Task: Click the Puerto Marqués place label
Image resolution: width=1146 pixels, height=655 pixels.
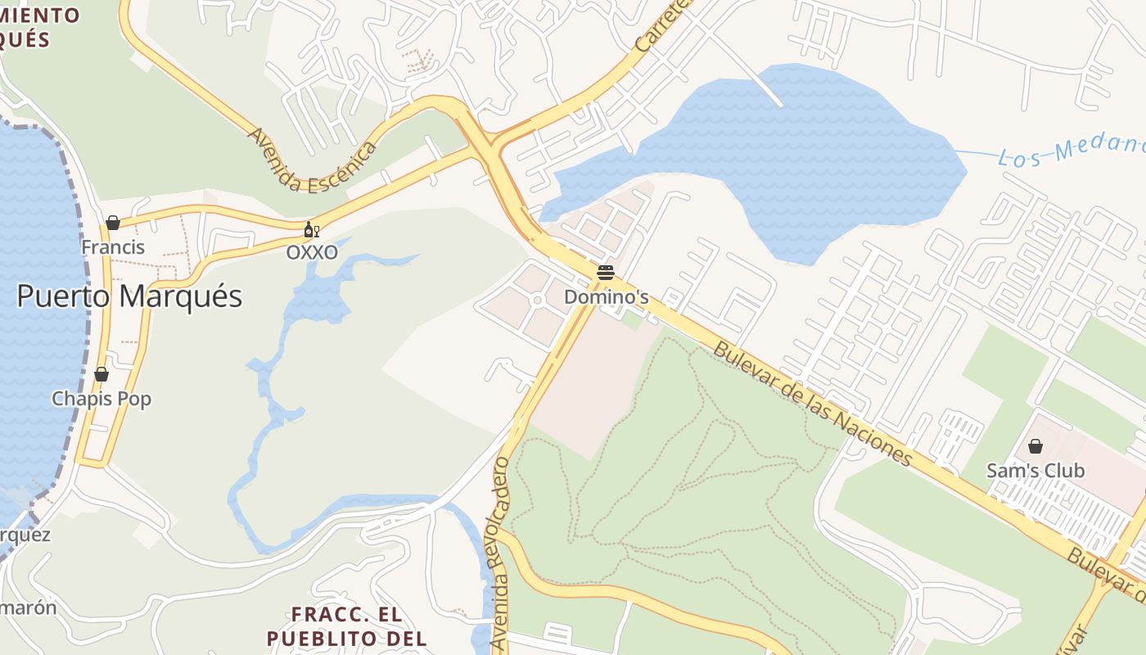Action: pyautogui.click(x=129, y=296)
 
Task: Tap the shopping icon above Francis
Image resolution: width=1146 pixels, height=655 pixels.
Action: pyautogui.click(x=113, y=223)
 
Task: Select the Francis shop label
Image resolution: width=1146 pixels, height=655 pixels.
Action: pyautogui.click(x=113, y=247)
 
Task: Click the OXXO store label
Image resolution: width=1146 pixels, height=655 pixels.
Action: pyautogui.click(x=312, y=253)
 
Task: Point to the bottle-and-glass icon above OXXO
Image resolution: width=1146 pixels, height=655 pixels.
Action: pyautogui.click(x=311, y=230)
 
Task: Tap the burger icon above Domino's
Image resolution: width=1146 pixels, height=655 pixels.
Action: pyautogui.click(x=606, y=273)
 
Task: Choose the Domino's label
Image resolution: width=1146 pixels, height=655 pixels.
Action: pyautogui.click(x=607, y=297)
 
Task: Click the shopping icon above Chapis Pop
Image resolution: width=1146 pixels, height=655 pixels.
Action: pyautogui.click(x=102, y=375)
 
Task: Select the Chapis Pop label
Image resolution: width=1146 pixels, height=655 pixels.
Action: pyautogui.click(x=102, y=400)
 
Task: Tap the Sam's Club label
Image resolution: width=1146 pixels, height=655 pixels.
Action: pyautogui.click(x=1035, y=471)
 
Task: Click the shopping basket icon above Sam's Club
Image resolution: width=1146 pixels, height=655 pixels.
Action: pyautogui.click(x=1035, y=446)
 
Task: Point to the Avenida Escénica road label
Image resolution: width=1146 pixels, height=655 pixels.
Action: pyautogui.click(x=312, y=160)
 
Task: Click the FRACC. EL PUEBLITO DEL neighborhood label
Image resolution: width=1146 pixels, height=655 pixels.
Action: pyautogui.click(x=346, y=626)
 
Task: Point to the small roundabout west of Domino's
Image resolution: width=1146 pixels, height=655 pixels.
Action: pyautogui.click(x=537, y=300)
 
